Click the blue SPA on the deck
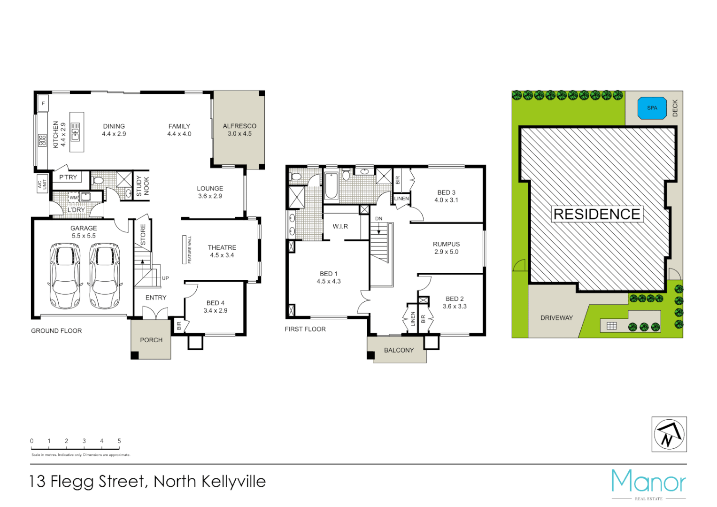pyautogui.click(x=652, y=108)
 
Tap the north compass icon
pyautogui.click(x=669, y=434)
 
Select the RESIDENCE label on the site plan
pyautogui.click(x=597, y=214)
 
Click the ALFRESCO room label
pyautogui.click(x=239, y=126)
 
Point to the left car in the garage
pyautogui.click(x=65, y=276)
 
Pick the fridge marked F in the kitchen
pyautogui.click(x=43, y=103)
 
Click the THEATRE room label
pyautogui.click(x=222, y=247)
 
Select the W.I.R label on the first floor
pyautogui.click(x=340, y=226)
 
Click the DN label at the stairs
pyautogui.click(x=378, y=219)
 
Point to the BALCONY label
pyautogui.click(x=399, y=350)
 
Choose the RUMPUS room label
pyautogui.click(x=446, y=244)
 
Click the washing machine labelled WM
pyautogui.click(x=74, y=198)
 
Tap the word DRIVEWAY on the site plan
pyautogui.click(x=556, y=318)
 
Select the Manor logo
pyautogui.click(x=648, y=482)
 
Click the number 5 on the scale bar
pyautogui.click(x=119, y=441)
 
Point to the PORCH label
pyautogui.click(x=151, y=340)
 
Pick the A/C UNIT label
pyautogui.click(x=42, y=184)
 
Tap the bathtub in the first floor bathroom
pyautogui.click(x=331, y=186)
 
